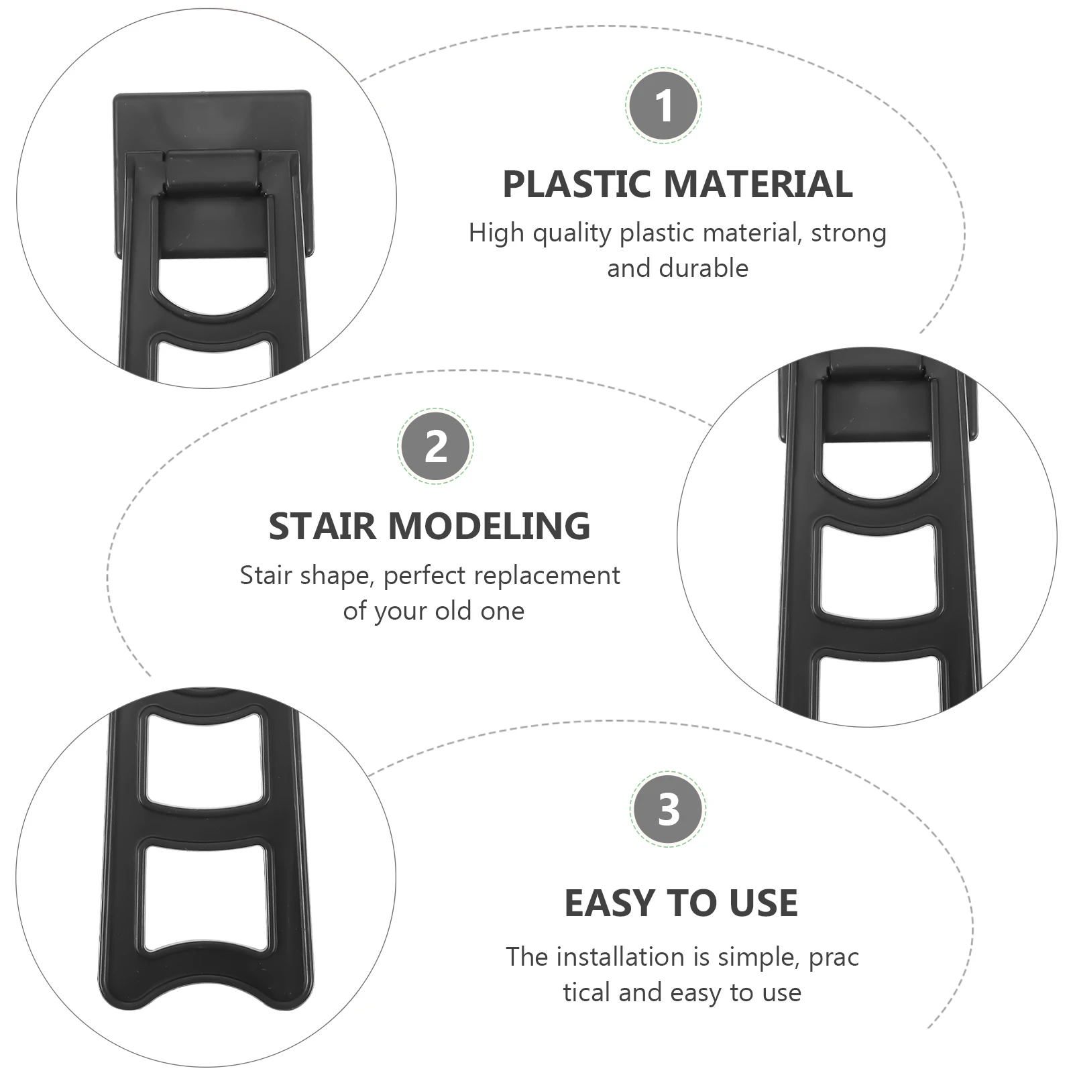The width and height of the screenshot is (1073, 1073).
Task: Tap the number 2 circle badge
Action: pyautogui.click(x=435, y=445)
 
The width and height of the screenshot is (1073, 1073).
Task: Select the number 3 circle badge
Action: pyautogui.click(x=668, y=809)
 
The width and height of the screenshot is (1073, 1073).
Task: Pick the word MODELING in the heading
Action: pyautogui.click(x=489, y=526)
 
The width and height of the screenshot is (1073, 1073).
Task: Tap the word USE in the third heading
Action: pyautogui.click(x=763, y=903)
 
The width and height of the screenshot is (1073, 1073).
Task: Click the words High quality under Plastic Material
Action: pyautogui.click(x=540, y=233)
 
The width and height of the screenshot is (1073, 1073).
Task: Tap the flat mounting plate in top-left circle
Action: pyautogui.click(x=212, y=121)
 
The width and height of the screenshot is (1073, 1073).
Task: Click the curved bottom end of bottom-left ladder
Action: pyautogui.click(x=208, y=991)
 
